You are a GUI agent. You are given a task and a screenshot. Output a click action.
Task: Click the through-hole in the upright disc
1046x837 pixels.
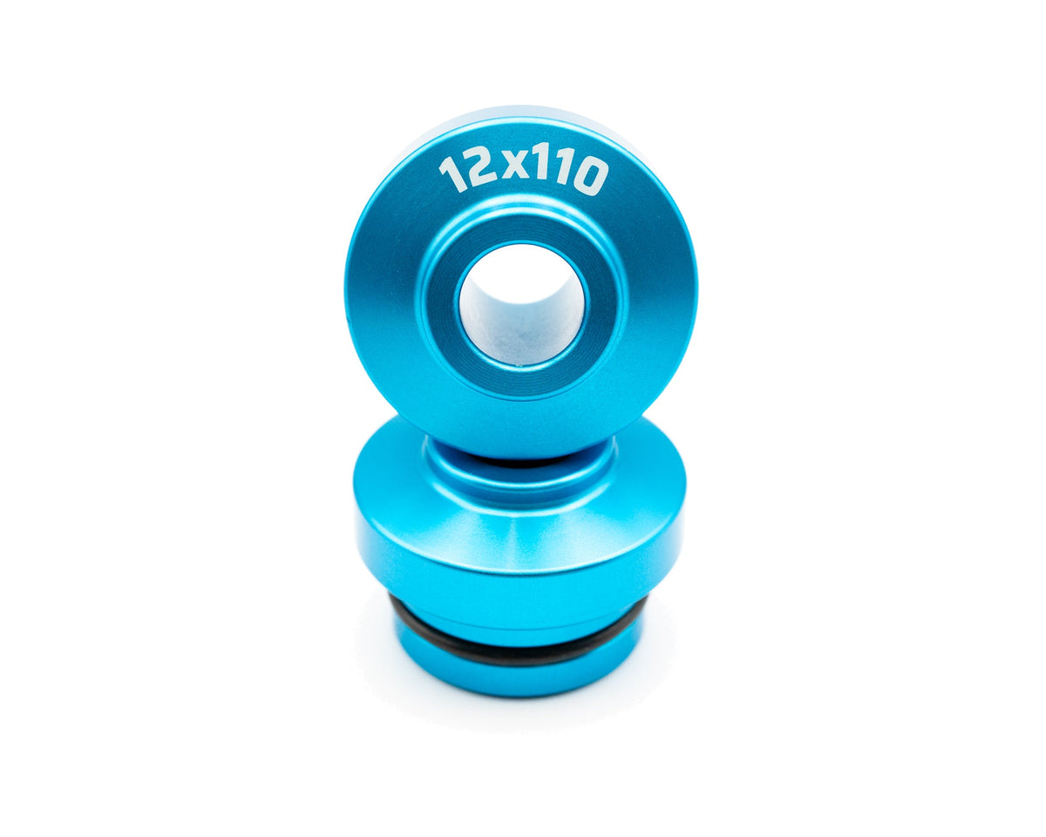[x=524, y=303]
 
